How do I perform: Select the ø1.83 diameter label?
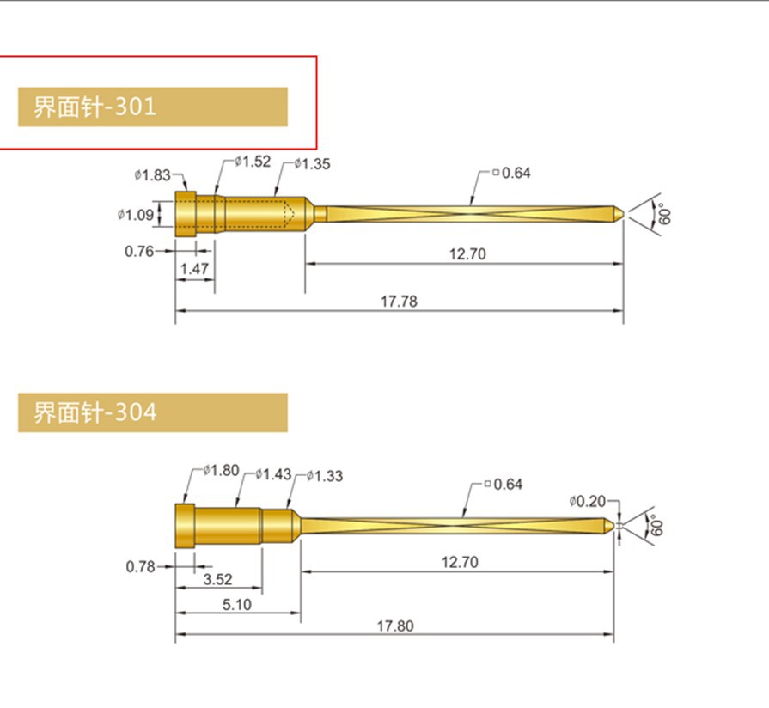point(152,175)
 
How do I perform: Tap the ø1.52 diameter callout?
point(253,162)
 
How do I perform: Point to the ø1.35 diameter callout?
point(312,163)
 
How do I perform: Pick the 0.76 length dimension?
point(139,251)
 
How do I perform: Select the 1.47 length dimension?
point(194,270)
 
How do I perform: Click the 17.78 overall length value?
point(399,302)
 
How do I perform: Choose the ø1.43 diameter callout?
point(274,474)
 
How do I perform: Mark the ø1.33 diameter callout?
point(324,475)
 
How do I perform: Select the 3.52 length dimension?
point(217,580)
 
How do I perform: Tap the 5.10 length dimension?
point(236,604)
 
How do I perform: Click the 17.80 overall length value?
point(394,626)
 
